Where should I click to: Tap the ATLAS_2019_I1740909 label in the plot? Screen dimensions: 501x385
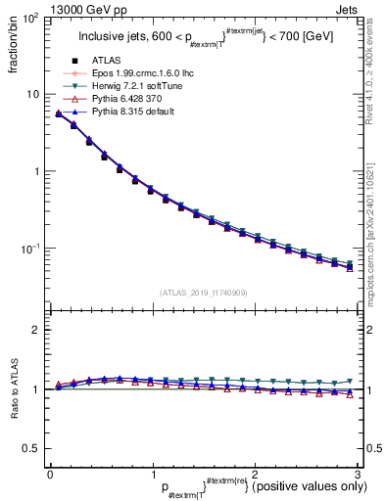click(x=201, y=293)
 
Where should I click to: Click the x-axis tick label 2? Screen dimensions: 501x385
click(x=256, y=473)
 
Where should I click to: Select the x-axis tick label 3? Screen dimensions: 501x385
click(x=358, y=473)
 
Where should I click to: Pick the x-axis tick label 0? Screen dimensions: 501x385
click(x=50, y=473)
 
